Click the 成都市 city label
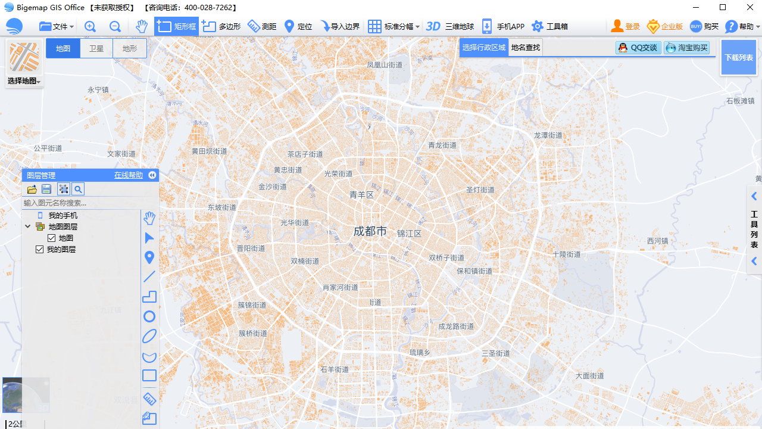[370, 231]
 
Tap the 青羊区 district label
[361, 195]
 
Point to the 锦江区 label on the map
[409, 234]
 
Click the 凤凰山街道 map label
[385, 65]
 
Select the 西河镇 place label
[658, 241]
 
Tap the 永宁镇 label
[98, 90]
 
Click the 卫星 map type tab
[96, 49]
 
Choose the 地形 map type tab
[130, 49]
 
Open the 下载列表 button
[738, 58]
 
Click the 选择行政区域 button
[484, 48]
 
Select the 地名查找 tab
[526, 48]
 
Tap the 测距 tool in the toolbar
[262, 26]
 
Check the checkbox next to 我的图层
[40, 249]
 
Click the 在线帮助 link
[129, 175]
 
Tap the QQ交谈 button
[638, 48]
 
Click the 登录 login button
[626, 26]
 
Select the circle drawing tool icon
[149, 316]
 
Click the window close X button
[750, 7]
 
